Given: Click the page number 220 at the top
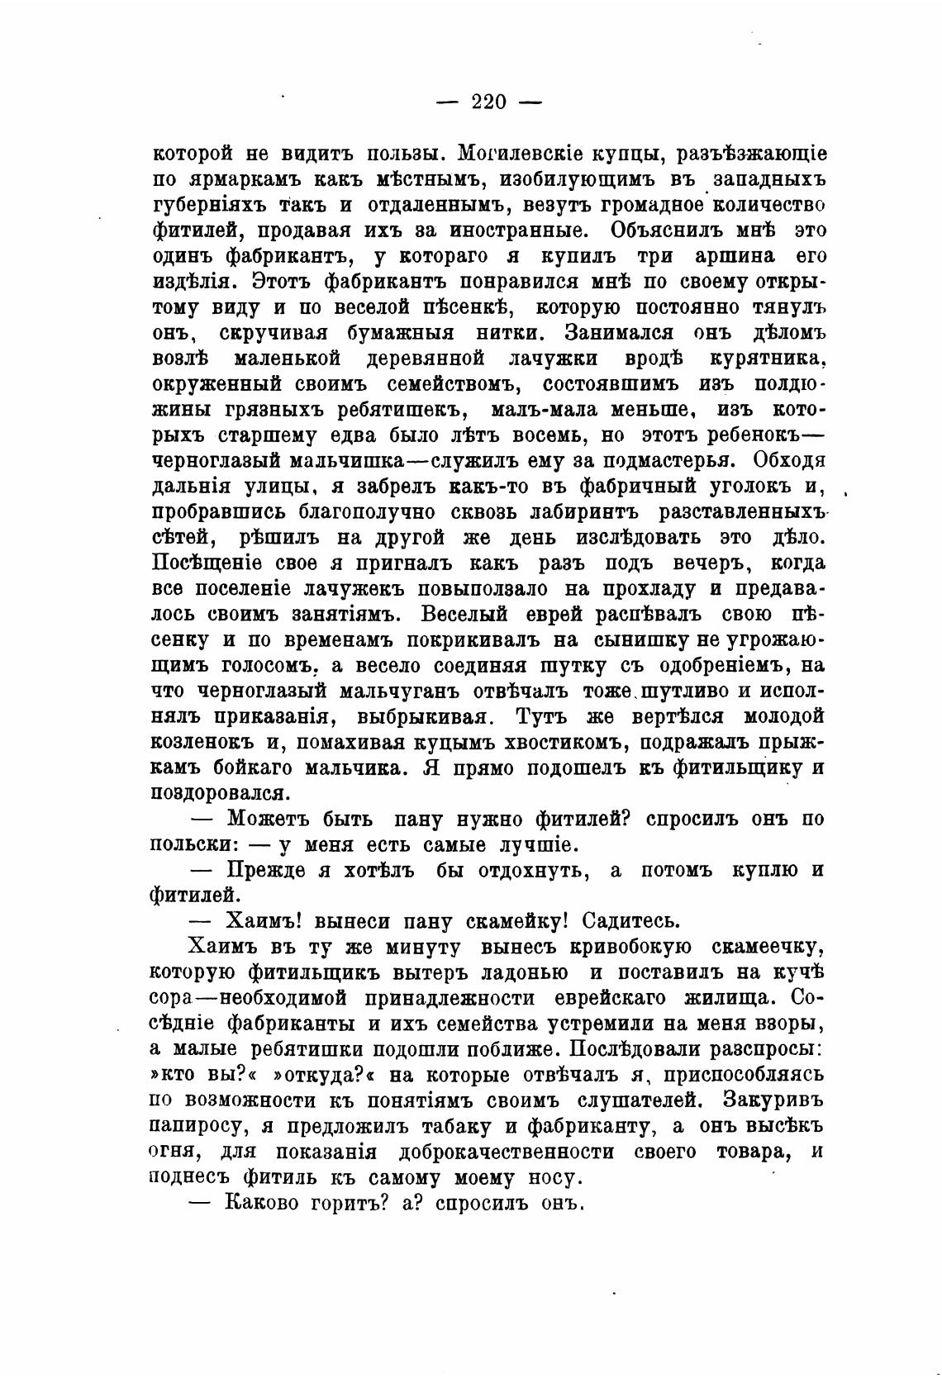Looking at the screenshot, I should (488, 102).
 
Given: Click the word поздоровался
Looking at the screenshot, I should (221, 794).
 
